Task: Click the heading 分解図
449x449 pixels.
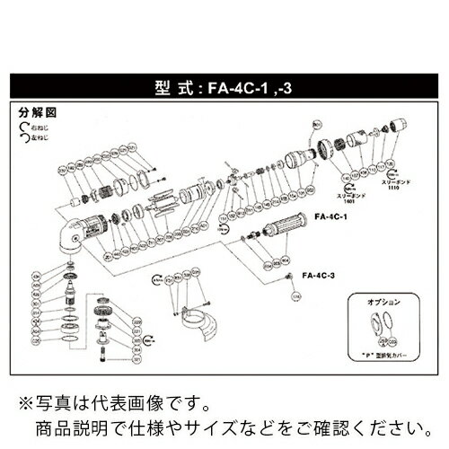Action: click(33, 116)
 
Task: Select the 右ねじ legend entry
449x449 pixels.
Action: click(33, 128)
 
